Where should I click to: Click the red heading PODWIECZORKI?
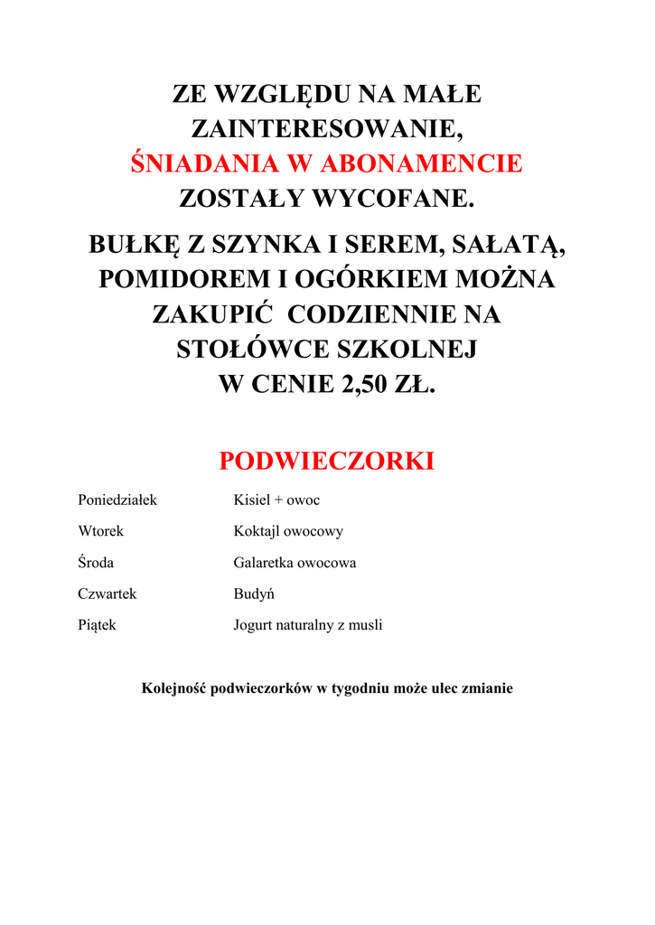(x=326, y=462)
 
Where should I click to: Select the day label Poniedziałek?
(x=117, y=500)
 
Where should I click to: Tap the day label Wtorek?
(x=100, y=531)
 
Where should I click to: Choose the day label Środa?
(x=96, y=562)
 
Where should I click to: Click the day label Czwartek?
(x=107, y=593)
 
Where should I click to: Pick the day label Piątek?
(x=97, y=624)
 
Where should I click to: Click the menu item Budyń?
(x=254, y=593)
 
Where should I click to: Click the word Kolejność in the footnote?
(x=174, y=688)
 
